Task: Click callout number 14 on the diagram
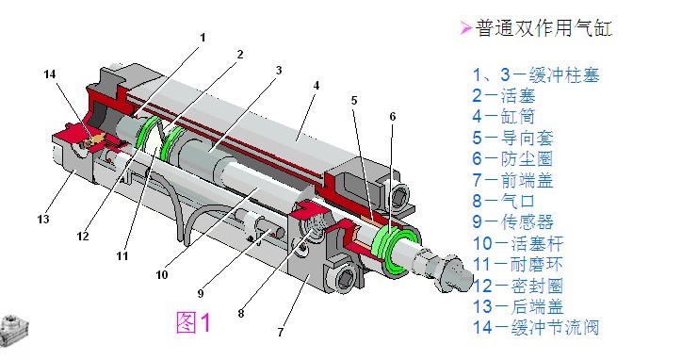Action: point(49,73)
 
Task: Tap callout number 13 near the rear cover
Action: point(42,220)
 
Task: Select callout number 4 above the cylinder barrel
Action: point(317,86)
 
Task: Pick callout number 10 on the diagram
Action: point(161,275)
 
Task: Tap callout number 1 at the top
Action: point(202,38)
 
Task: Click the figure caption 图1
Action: point(195,322)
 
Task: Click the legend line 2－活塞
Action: point(510,94)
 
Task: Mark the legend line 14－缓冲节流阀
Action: point(536,328)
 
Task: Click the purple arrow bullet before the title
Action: point(464,28)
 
